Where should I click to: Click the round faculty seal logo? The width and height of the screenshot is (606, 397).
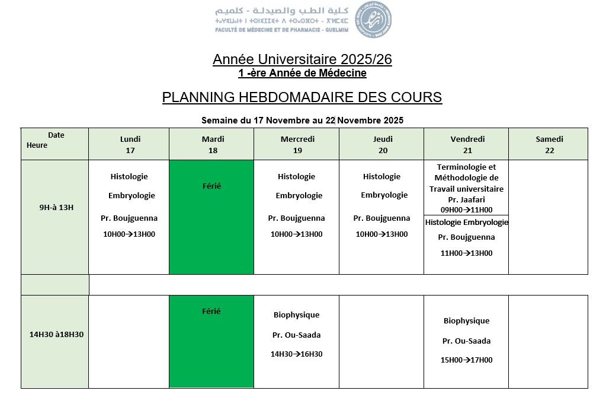[373, 19]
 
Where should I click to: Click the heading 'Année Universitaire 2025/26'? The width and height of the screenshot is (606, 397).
[302, 59]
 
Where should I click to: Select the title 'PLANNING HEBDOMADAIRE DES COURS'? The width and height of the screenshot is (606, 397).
[302, 97]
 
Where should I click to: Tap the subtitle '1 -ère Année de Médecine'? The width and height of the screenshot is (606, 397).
[302, 73]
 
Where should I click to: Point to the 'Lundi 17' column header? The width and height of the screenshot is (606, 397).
[130, 144]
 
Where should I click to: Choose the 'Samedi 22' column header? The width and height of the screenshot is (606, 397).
[549, 144]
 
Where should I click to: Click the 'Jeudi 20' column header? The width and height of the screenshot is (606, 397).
[383, 144]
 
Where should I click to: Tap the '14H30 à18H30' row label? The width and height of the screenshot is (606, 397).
[56, 334]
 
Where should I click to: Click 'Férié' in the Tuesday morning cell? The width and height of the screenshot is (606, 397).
[211, 186]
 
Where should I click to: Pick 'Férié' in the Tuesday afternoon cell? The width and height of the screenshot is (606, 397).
[211, 311]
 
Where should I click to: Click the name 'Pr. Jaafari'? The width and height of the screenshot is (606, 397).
[466, 199]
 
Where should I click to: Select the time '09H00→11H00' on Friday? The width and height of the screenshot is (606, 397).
[466, 209]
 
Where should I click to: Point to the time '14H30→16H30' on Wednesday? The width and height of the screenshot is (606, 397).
[296, 354]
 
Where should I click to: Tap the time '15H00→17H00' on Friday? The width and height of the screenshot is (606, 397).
[466, 360]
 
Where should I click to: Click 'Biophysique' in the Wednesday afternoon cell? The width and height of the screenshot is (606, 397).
[296, 315]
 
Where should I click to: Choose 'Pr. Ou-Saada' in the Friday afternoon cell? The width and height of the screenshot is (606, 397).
[466, 341]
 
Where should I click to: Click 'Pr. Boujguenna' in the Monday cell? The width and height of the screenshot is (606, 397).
[129, 218]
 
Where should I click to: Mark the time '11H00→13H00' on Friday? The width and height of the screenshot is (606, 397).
[466, 253]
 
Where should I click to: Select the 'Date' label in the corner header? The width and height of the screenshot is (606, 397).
[56, 135]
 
